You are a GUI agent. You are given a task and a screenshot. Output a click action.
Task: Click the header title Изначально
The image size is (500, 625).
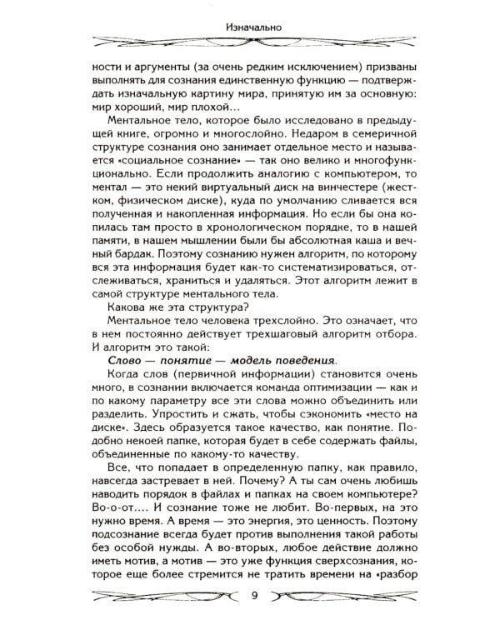pyautogui.click(x=250, y=26)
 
